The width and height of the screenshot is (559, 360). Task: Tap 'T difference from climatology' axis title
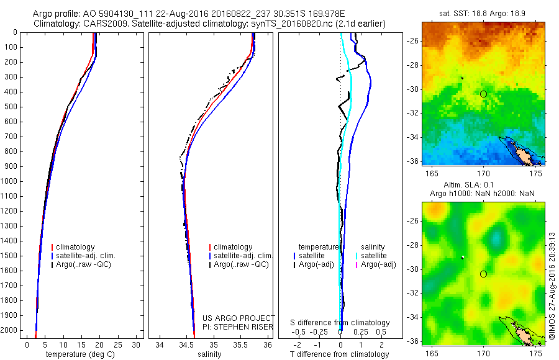[x=339, y=354]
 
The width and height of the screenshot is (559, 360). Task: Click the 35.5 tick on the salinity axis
[x=241, y=344]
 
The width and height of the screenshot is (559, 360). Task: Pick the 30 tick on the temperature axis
[x=136, y=344]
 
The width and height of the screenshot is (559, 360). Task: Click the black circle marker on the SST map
[x=484, y=94]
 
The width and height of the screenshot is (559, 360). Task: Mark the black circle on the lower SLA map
[x=484, y=274]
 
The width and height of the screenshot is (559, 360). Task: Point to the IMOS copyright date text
[x=552, y=286]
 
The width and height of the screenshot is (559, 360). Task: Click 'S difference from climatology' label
[x=340, y=323]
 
